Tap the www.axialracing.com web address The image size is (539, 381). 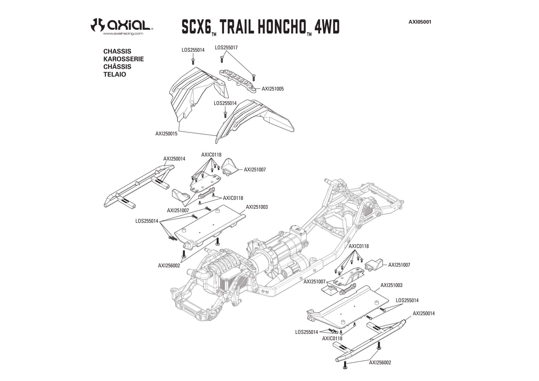tap(123, 34)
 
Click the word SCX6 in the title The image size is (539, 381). tap(196, 27)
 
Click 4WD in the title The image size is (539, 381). tap(327, 27)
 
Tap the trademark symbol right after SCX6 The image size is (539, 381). tap(214, 34)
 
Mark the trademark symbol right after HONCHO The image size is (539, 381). tap(309, 34)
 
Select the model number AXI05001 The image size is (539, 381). tap(420, 22)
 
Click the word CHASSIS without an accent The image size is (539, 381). tap(117, 51)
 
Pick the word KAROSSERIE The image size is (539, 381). tap(123, 59)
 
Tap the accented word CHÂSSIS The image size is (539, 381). tap(117, 66)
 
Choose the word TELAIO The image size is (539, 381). tap(115, 74)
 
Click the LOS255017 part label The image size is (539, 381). tap(226, 48)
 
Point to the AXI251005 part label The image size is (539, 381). tap(273, 89)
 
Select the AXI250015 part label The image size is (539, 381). tap(166, 134)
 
